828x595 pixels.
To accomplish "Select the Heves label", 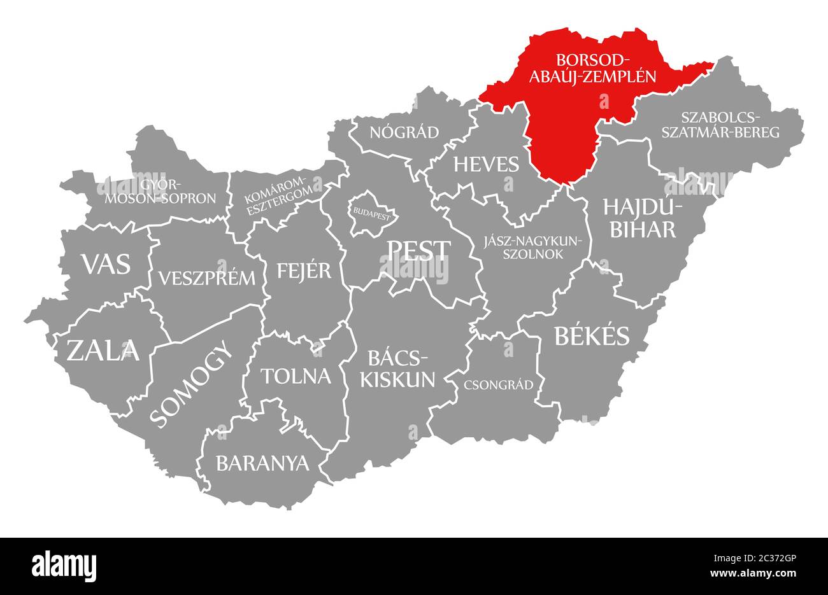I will pyautogui.click(x=486, y=164).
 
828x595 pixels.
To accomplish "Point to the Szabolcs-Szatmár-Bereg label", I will pyautogui.click(x=729, y=125).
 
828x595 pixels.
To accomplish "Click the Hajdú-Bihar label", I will pyautogui.click(x=643, y=218).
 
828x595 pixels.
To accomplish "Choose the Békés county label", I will pyautogui.click(x=592, y=336).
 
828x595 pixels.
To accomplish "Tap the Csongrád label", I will pyautogui.click(x=499, y=385).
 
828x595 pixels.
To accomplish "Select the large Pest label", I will pyautogui.click(x=419, y=250).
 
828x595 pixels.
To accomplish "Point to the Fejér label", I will pyautogui.click(x=304, y=270).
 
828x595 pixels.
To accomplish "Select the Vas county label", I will pyautogui.click(x=106, y=263).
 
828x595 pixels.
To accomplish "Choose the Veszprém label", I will pyautogui.click(x=206, y=278).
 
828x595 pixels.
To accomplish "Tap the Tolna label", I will pyautogui.click(x=296, y=376).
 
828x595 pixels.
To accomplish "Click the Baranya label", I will pyautogui.click(x=262, y=463).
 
